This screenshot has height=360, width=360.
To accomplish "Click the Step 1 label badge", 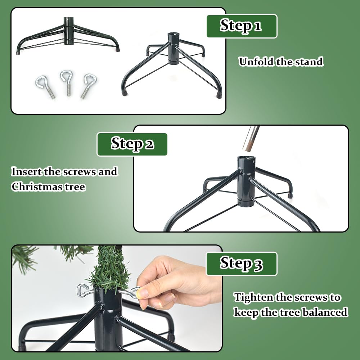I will pyautogui.click(x=242, y=26).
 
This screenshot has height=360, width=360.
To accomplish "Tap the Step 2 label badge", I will pyautogui.click(x=132, y=144).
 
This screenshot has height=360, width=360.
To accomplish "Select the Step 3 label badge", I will pyautogui.click(x=241, y=264).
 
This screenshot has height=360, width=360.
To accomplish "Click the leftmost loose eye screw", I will pyautogui.click(x=45, y=86).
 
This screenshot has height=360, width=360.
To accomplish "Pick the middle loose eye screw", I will pyautogui.click(x=67, y=82).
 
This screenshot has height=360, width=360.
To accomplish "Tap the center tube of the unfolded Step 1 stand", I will pyautogui.click(x=173, y=49).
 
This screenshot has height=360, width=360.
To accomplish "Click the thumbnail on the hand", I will pyautogui.click(x=143, y=293).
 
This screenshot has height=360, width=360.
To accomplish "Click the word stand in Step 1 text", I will pyautogui.click(x=309, y=62).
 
